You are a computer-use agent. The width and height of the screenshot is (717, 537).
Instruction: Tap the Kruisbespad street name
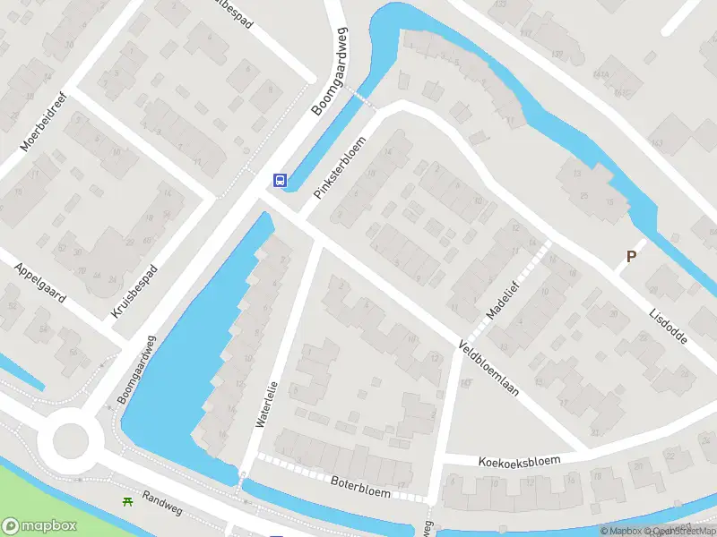[134, 292]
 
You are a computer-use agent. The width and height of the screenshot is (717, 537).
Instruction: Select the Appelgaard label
[39, 283]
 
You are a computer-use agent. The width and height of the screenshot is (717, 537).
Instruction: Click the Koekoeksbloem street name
[519, 461]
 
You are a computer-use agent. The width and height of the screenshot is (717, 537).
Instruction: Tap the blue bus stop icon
[280, 180]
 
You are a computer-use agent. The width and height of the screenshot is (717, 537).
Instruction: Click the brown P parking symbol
[631, 257]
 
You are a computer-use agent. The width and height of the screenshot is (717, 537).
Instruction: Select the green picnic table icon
[126, 499]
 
